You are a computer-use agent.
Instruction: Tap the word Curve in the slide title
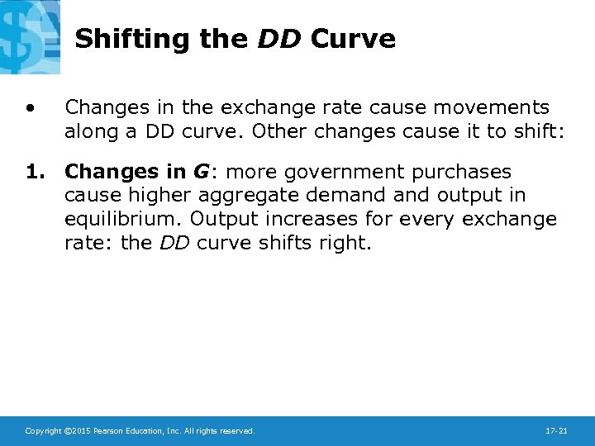[x=353, y=39]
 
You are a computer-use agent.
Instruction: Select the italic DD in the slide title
[x=280, y=39]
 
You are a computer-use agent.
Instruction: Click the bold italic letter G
[x=201, y=172]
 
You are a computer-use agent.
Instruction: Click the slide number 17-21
[x=556, y=431]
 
